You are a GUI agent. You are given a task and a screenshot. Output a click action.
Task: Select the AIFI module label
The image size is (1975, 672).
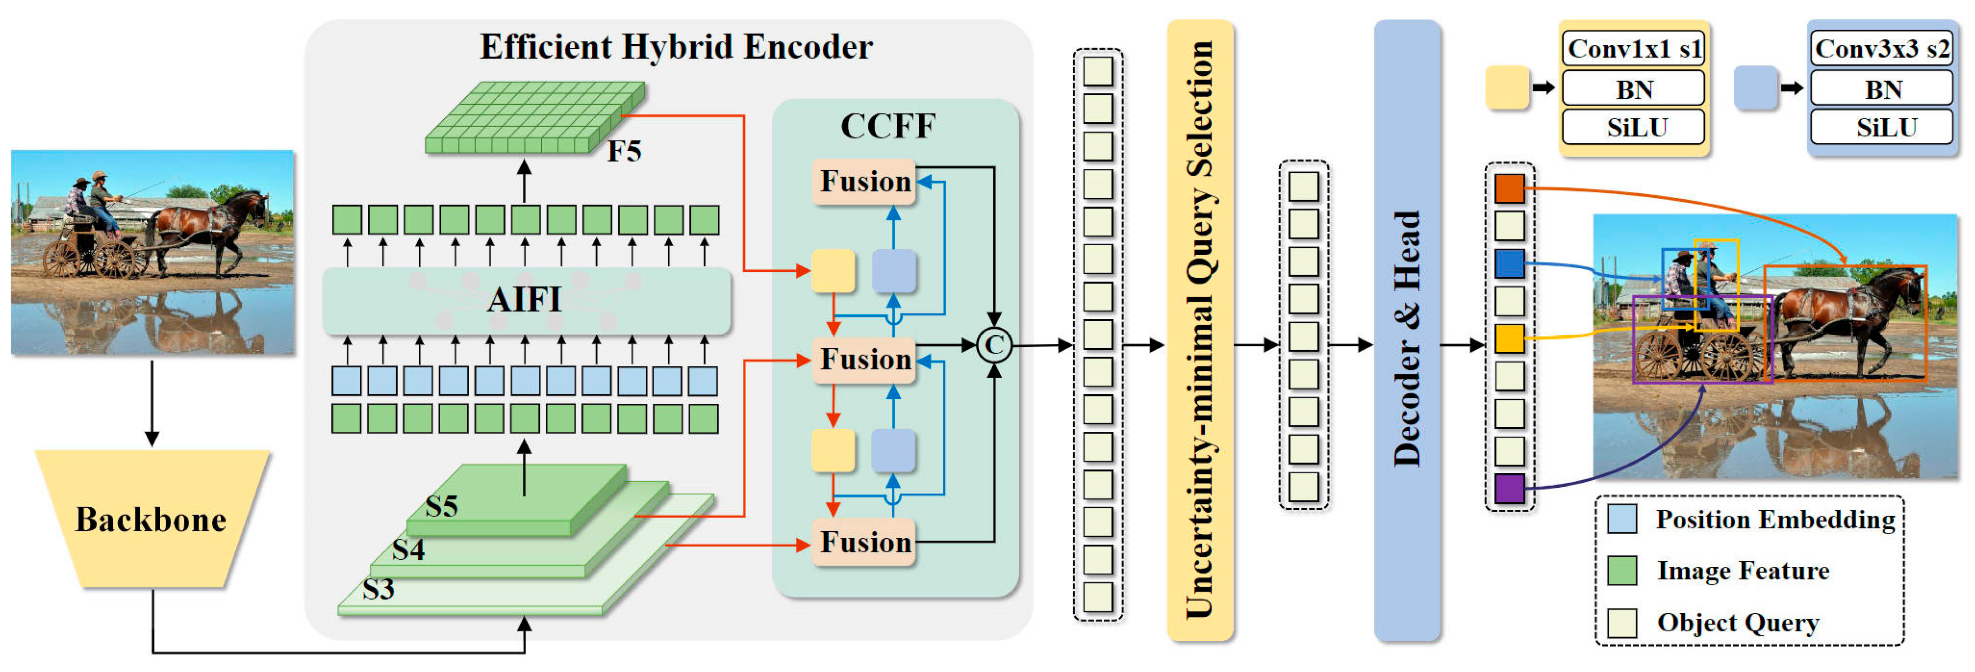[525, 299]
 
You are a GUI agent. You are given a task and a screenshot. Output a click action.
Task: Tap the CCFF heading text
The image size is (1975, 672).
[888, 126]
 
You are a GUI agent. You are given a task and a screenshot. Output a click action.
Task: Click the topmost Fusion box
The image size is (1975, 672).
[864, 182]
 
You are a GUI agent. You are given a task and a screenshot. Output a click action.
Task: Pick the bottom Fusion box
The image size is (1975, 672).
[864, 542]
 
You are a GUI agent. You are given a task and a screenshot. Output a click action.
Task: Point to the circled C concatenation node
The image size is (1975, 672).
[994, 345]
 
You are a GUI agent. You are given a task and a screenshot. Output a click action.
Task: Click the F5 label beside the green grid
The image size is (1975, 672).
[624, 151]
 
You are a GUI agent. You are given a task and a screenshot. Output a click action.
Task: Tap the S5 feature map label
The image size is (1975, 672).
[441, 506]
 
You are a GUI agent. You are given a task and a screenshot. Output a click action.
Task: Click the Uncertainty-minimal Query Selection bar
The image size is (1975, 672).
[1200, 330]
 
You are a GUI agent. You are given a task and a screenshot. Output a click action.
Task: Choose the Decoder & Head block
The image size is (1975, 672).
[1407, 330]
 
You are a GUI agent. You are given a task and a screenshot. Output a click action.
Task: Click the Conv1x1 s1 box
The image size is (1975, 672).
[1634, 49]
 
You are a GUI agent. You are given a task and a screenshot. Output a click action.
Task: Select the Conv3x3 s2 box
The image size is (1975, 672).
[1882, 49]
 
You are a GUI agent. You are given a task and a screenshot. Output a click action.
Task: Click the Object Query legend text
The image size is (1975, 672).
[1738, 622]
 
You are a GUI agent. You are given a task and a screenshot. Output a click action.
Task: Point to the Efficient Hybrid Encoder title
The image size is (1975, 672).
[676, 47]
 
